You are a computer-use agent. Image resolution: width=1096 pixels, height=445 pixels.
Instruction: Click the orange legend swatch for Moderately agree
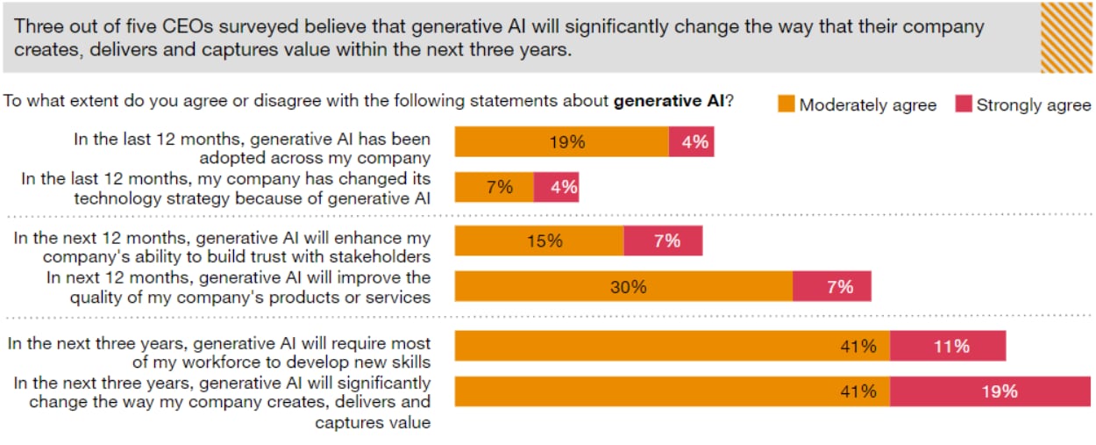coord(786,104)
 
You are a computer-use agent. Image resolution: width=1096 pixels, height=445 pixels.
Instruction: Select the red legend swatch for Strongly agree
coord(963,104)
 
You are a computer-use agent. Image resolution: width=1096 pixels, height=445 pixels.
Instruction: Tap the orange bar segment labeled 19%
coord(561,141)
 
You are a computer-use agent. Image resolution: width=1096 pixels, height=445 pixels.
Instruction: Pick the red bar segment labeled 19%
coord(990,391)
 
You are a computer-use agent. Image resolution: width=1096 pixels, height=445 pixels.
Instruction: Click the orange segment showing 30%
coord(623,287)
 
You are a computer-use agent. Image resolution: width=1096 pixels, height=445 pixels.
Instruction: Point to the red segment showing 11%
coord(948,346)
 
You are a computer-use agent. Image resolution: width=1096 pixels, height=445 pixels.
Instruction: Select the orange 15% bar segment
coord(539,240)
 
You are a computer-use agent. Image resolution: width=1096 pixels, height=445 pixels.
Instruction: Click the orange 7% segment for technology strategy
coord(494,187)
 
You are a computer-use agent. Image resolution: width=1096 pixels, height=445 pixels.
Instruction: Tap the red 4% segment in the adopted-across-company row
coord(691,141)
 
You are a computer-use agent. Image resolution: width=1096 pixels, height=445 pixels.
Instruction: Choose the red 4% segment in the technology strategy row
coord(556,187)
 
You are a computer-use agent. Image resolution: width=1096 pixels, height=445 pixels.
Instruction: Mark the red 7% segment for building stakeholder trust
coord(663,240)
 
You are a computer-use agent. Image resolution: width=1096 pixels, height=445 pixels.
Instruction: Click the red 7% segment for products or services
coord(831,287)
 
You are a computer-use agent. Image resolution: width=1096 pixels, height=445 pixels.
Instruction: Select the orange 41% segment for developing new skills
coord(672,346)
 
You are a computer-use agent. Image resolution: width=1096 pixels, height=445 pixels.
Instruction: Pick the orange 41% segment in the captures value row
coord(672,391)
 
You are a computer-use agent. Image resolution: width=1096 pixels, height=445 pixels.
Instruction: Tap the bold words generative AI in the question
coord(668,101)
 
